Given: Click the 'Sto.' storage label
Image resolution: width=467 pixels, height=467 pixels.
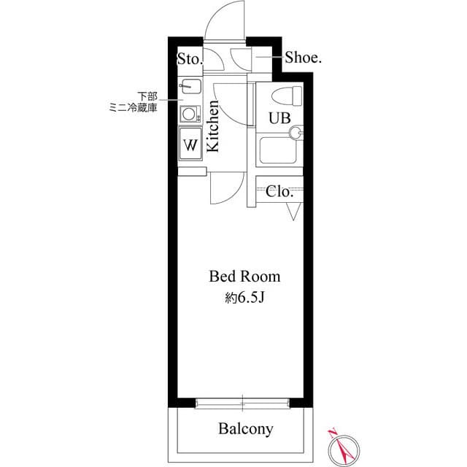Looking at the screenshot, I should point(189,58).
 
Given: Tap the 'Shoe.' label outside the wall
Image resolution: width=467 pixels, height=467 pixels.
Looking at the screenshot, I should point(303,58).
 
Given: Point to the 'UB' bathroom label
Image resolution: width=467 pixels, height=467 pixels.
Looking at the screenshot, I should point(279,117).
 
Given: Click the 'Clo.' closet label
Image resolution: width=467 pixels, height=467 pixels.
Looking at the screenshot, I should point(279,192).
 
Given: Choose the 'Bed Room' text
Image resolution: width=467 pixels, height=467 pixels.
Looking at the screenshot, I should point(244,277).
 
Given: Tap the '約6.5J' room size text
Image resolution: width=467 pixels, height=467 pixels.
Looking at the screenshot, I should point(244,297).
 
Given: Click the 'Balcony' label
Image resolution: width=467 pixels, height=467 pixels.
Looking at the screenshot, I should point(246,428).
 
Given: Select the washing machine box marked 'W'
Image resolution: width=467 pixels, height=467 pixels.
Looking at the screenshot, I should point(190,143).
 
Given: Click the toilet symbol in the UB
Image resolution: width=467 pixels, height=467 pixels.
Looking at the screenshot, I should point(286,94).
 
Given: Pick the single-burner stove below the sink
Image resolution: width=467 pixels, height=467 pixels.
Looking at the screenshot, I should point(190,113).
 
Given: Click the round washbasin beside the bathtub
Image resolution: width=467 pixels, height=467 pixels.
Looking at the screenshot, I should point(296,132).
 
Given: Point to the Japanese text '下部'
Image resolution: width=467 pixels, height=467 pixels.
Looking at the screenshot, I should point(147,96).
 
